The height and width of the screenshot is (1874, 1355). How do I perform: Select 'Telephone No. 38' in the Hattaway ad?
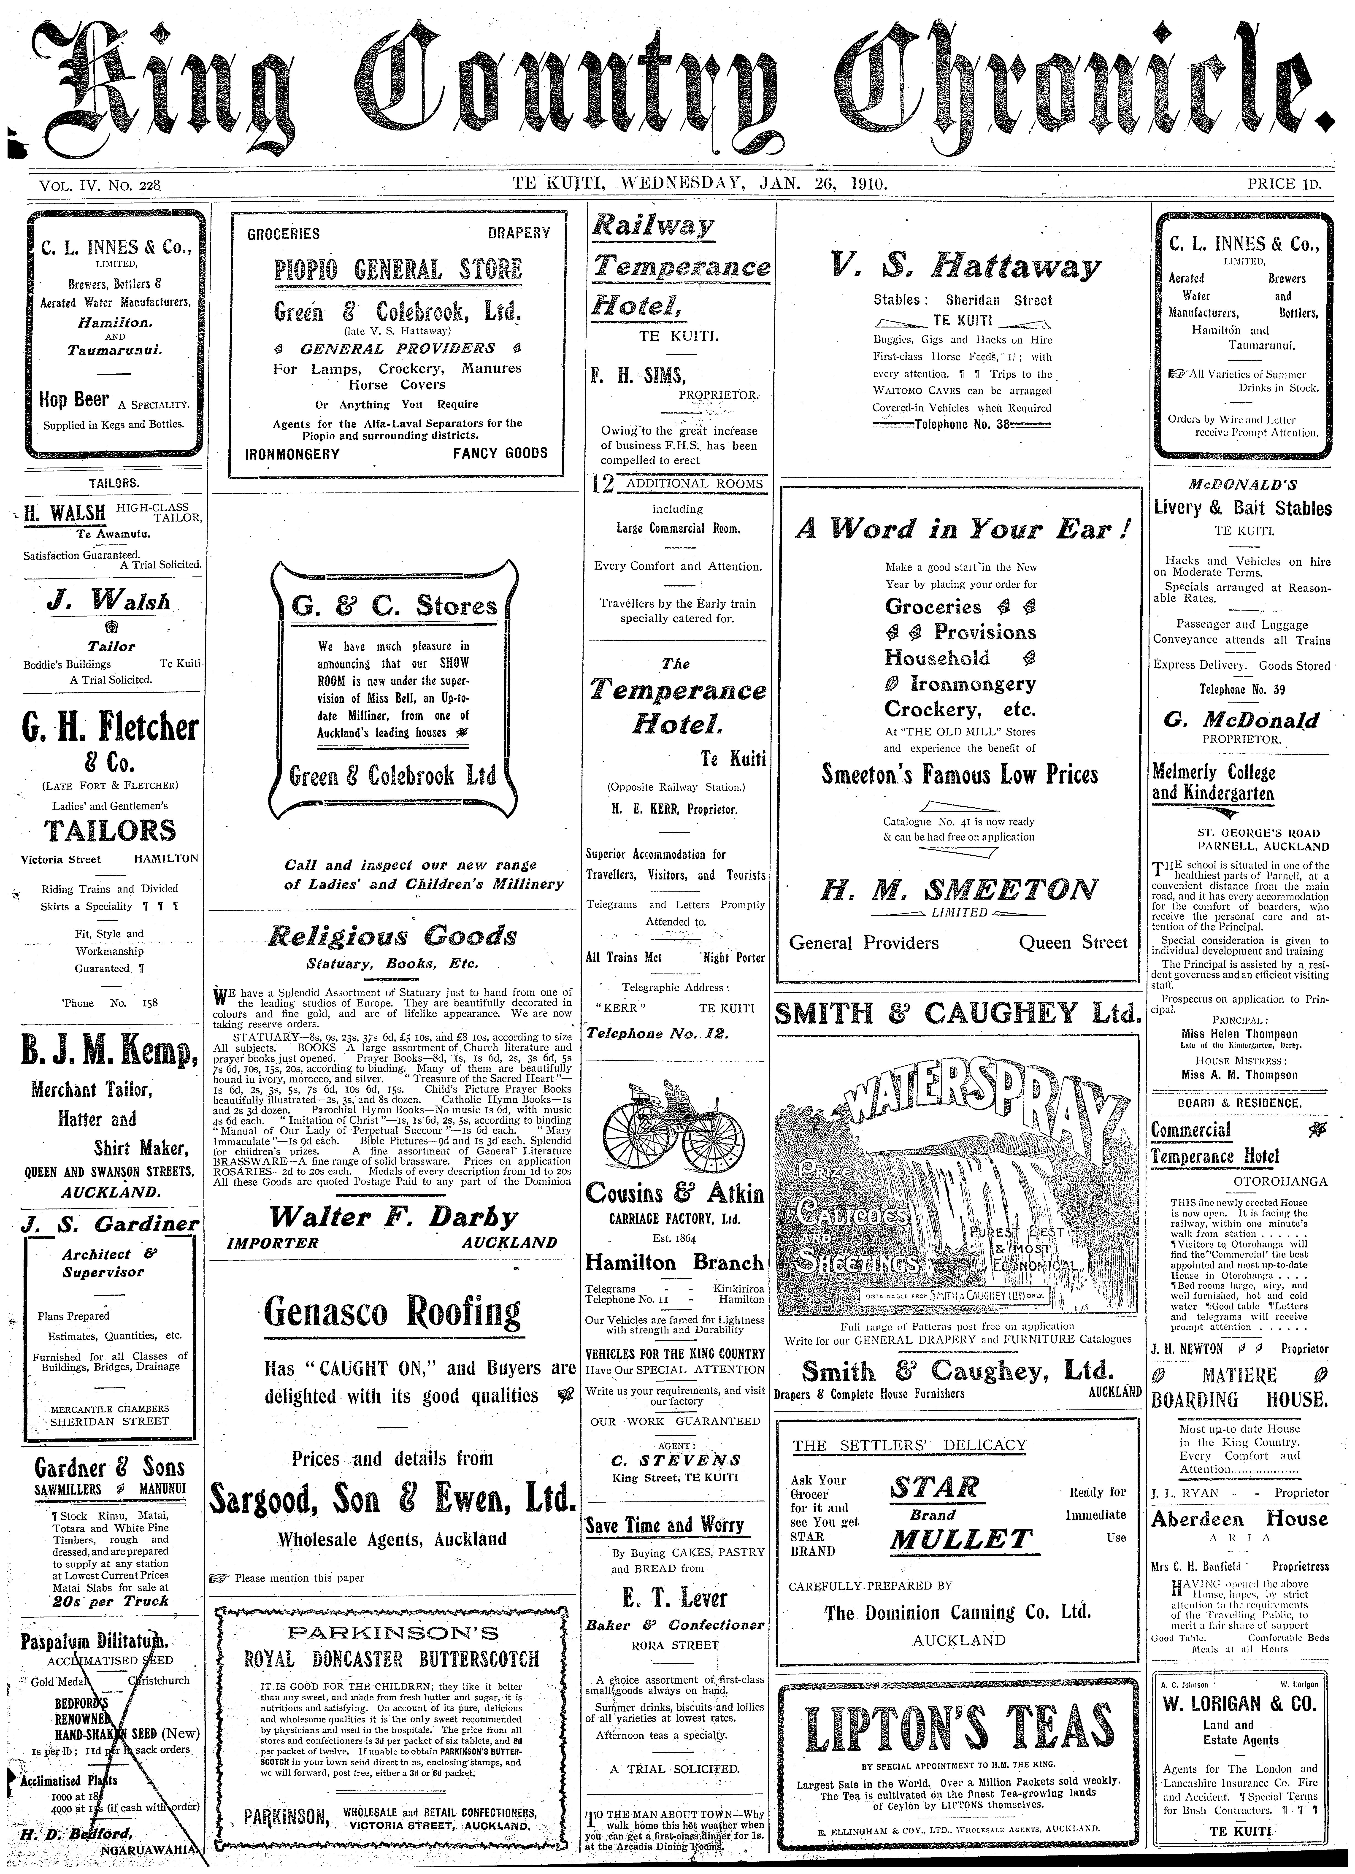point(961,425)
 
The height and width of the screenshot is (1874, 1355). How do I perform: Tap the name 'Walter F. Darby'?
point(393,1217)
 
